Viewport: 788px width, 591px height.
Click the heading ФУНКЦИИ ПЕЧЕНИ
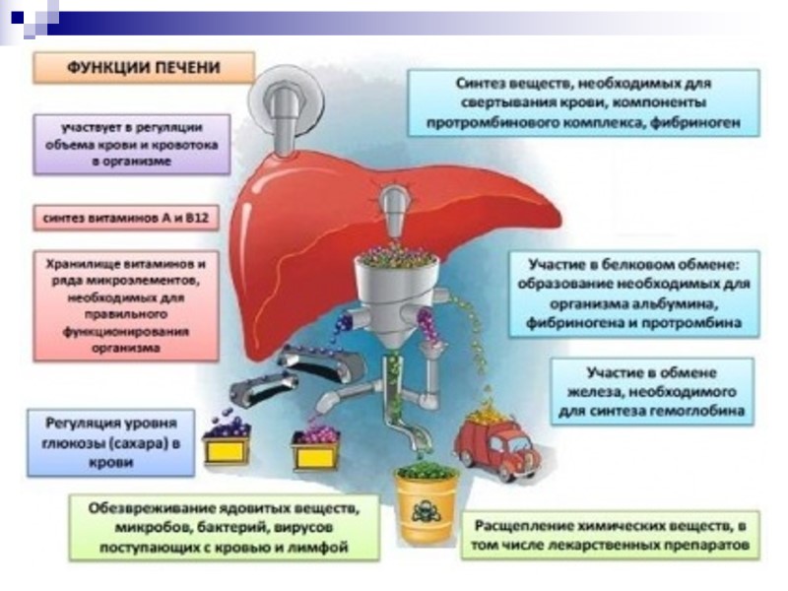(x=144, y=68)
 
